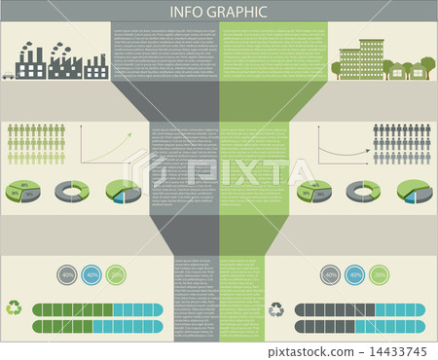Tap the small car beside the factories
[8, 74]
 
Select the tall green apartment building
[371, 58]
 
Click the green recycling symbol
[15, 308]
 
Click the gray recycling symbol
[276, 309]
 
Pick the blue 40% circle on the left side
[91, 275]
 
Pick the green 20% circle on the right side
[379, 275]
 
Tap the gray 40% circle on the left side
[67, 275]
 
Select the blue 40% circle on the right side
[354, 275]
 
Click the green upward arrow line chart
[105, 146]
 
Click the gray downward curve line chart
[341, 146]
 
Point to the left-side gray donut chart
[71, 191]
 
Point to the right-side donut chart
[363, 191]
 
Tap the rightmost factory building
[95, 67]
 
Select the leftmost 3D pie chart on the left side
[22, 191]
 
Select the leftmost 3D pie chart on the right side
[314, 191]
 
